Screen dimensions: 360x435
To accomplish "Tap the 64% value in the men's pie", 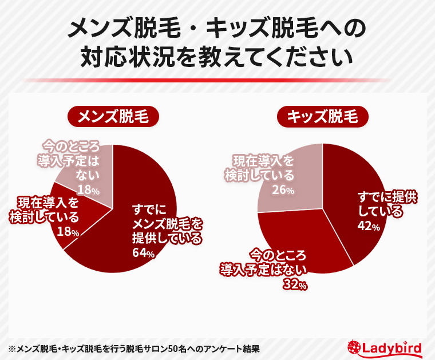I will [143, 252].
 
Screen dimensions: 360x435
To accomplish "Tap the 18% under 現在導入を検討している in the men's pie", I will [68, 231].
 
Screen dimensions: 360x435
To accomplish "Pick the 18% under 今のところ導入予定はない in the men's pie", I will [89, 189].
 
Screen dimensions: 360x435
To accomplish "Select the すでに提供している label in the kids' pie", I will [387, 204].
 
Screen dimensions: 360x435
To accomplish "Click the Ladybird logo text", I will [393, 347].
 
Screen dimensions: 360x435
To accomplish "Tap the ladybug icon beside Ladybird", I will [355, 347].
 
